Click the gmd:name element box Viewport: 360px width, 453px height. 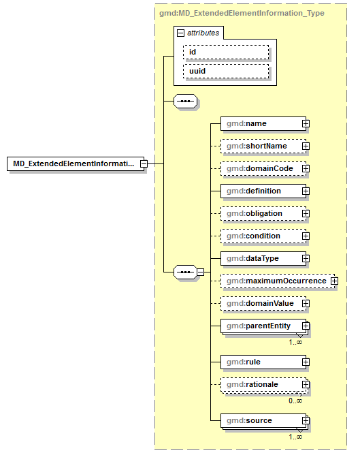point(261,123)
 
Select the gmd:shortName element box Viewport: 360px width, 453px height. point(261,146)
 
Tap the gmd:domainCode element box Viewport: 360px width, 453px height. point(261,168)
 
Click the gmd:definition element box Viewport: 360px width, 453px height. point(261,191)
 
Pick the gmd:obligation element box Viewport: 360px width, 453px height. point(261,213)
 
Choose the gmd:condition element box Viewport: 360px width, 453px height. point(261,236)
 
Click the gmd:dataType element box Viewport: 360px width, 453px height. point(261,258)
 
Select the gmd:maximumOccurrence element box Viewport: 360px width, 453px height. point(274,281)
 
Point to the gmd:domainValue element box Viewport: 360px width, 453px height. point(261,303)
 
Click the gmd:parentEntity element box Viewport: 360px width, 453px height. point(261,326)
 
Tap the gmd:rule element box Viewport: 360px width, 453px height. point(261,362)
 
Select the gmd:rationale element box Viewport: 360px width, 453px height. point(261,384)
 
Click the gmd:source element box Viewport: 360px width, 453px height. point(261,420)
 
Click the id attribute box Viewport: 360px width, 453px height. point(226,52)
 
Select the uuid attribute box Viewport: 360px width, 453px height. point(226,71)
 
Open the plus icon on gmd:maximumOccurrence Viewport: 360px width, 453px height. point(334,281)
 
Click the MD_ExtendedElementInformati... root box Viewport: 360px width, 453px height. point(74,163)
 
